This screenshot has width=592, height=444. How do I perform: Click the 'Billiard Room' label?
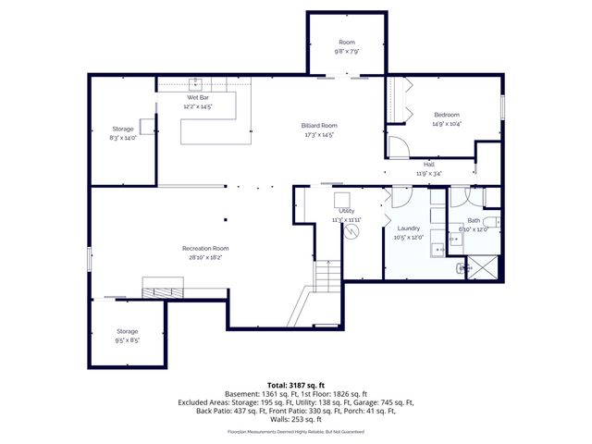[x=318, y=126]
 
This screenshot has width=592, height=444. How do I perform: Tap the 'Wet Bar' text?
[x=199, y=97]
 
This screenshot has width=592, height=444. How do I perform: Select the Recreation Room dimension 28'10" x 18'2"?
[x=205, y=258]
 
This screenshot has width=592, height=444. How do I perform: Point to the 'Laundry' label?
[x=408, y=228]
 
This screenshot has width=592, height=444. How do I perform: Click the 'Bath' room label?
[x=474, y=220]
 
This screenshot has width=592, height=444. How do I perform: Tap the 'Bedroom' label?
[x=446, y=115]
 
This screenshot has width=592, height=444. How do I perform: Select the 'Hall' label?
[x=428, y=164]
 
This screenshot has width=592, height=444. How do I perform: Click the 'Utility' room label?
[x=347, y=212]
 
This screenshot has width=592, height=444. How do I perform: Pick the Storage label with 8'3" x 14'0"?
[x=123, y=129]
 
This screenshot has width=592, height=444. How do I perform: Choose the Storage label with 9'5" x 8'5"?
[x=127, y=331]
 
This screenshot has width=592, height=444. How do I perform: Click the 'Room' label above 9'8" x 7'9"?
[x=347, y=43]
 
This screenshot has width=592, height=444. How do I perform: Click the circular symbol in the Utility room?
[x=351, y=233]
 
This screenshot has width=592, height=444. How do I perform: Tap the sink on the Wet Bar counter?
[x=197, y=83]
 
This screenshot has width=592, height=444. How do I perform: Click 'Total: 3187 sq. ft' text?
[x=296, y=384]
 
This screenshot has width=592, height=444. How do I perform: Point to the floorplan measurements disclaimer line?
[x=296, y=429]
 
